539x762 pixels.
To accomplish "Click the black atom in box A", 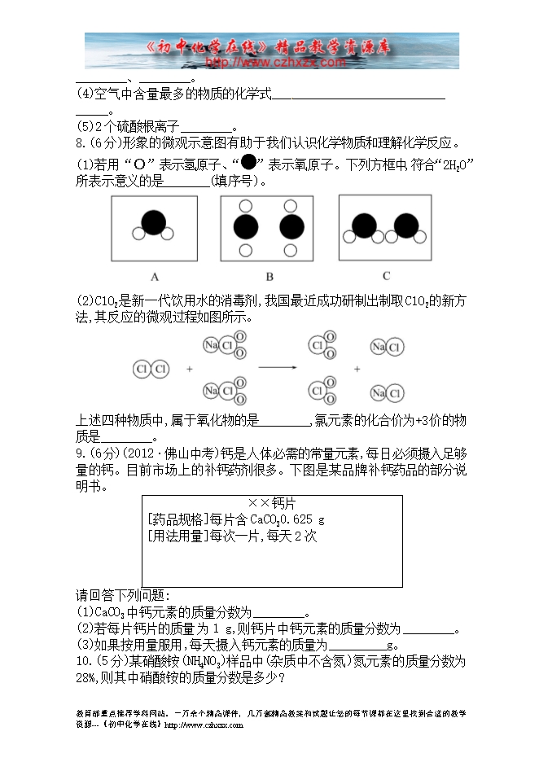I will [152, 222].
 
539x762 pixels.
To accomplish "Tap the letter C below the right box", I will [386, 275].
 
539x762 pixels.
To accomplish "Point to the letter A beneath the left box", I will [154, 275].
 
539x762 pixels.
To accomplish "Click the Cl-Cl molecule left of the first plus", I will [150, 369].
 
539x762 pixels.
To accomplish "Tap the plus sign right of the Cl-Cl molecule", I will [190, 369].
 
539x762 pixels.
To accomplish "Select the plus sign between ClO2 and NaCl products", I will [359, 369].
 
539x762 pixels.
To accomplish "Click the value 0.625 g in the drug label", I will [306, 519].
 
